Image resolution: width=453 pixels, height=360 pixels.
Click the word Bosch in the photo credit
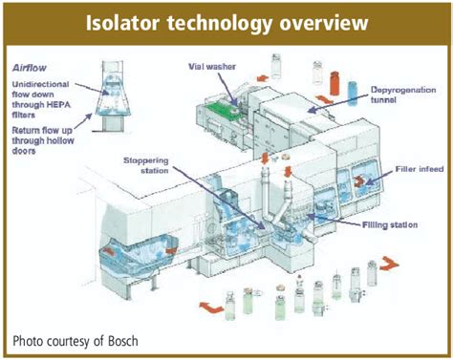[118, 340]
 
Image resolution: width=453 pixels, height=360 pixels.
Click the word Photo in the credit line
[32, 340]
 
